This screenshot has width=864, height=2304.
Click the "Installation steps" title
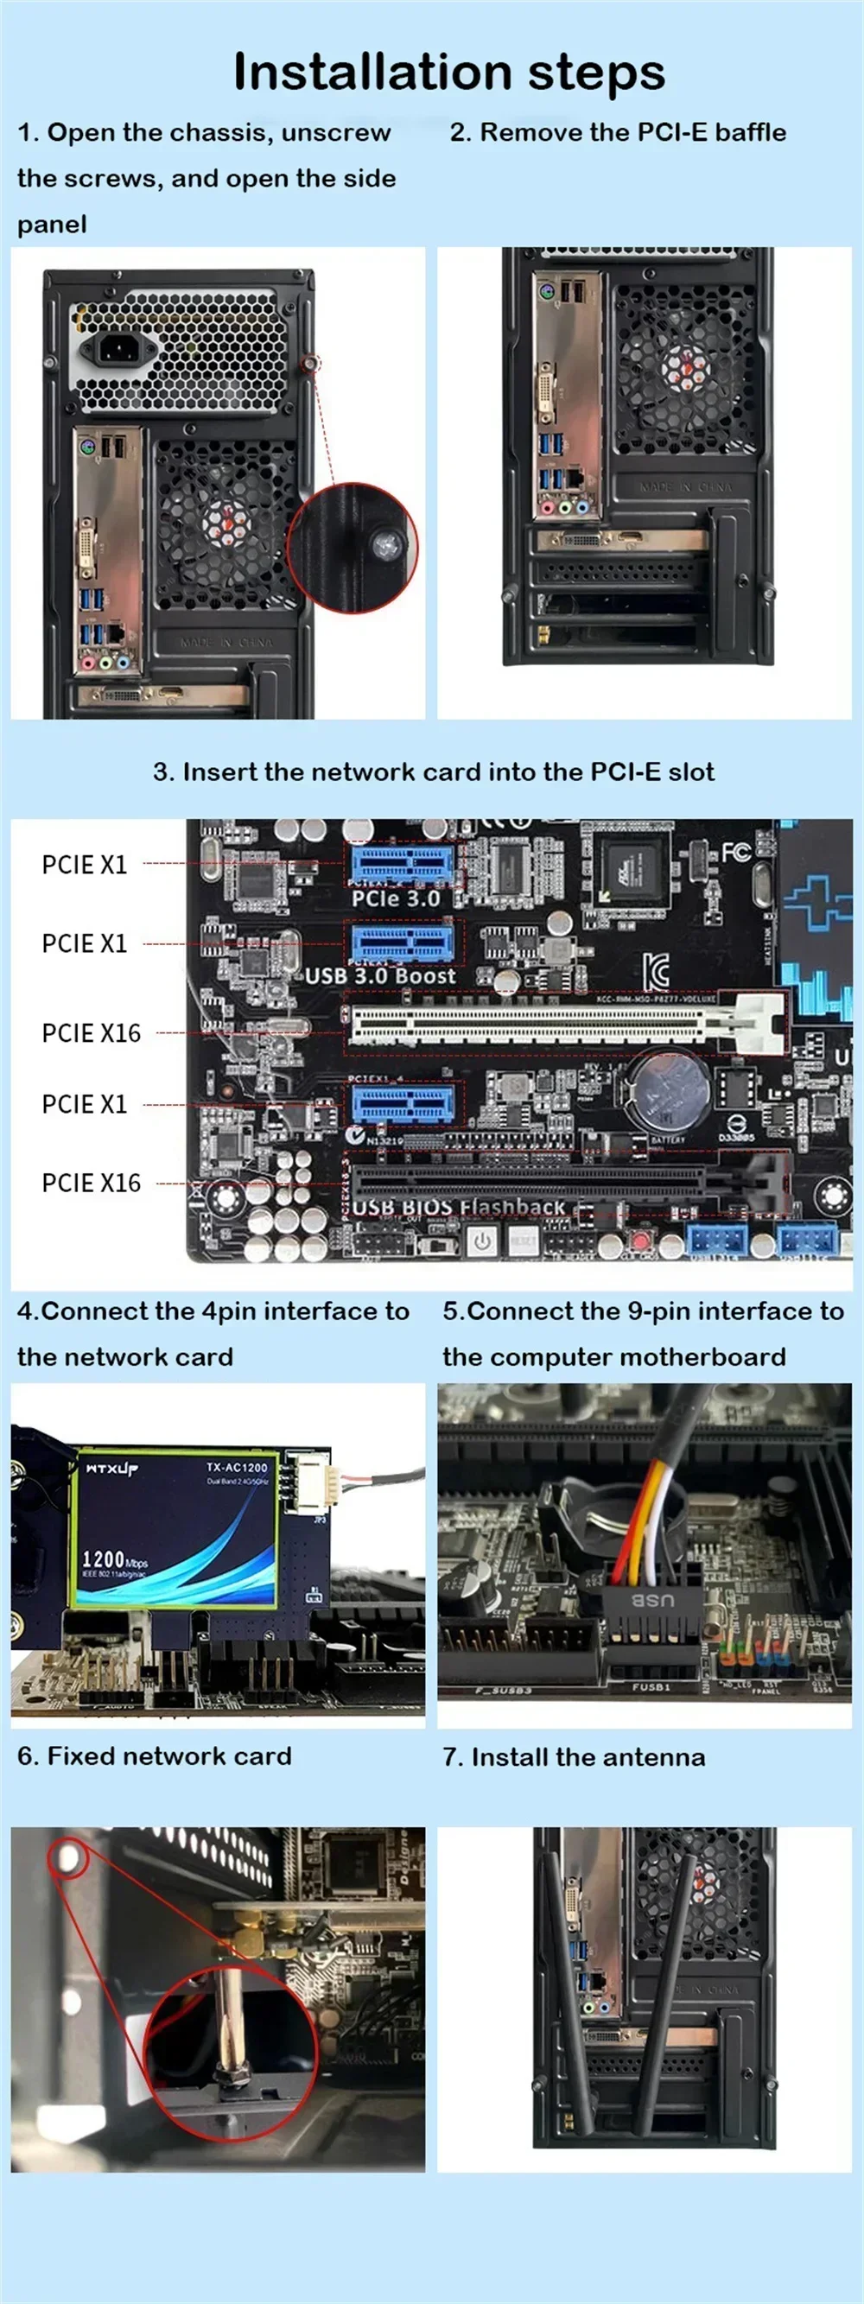449,73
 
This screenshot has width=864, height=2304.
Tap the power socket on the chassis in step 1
111,348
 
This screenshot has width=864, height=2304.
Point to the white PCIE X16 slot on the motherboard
545,1023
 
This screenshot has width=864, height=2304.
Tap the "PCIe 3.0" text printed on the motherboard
396,898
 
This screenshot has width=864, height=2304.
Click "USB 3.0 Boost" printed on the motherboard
380,976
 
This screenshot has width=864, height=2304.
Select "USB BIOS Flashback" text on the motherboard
458,1208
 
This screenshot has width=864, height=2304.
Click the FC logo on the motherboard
736,852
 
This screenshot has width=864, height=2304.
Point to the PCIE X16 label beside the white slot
92,1033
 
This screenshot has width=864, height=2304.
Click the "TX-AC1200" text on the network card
236,1467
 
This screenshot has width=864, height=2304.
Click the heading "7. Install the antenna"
574,1757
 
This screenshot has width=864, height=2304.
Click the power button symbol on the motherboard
482,1241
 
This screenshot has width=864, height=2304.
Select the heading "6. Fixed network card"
154,1755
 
